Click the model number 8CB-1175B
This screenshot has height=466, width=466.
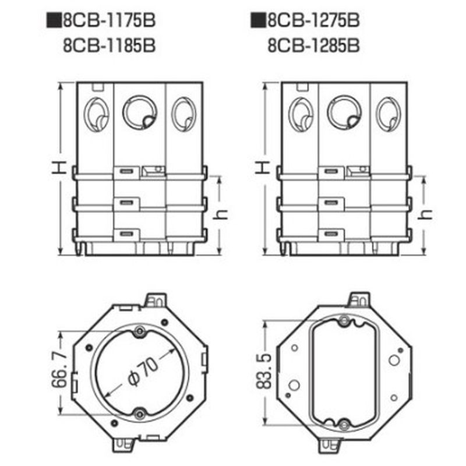click(109, 20)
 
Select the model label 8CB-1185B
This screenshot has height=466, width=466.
click(109, 46)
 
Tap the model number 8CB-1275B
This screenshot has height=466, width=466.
click(313, 20)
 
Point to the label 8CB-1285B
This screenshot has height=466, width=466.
click(313, 46)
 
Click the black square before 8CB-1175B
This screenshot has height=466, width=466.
click(54, 20)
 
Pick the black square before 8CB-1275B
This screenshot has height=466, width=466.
click(258, 20)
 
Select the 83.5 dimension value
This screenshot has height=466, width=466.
click(264, 371)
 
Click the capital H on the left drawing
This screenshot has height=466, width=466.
click(59, 168)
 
